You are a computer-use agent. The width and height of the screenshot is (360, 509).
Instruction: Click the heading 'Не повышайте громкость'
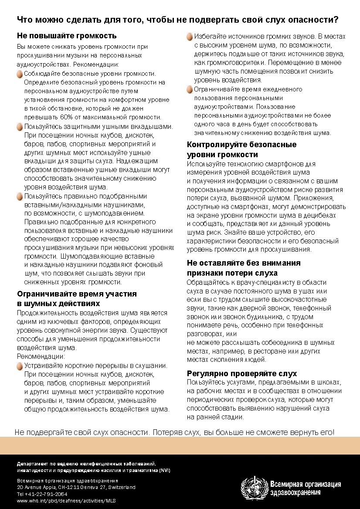coord(66,36)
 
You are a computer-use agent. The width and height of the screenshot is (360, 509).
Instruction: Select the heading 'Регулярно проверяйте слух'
coord(242,373)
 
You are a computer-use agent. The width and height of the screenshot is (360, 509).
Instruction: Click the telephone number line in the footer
coord(42,494)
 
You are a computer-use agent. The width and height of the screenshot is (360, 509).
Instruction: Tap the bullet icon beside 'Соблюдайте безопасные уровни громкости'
coord(20,74)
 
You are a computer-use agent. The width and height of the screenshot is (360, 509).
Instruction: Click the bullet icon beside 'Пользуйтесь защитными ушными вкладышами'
coord(20,127)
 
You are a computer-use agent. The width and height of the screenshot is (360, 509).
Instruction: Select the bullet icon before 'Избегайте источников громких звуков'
coord(190,37)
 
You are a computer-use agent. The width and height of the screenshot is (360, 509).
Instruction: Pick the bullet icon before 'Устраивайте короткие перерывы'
coord(20,366)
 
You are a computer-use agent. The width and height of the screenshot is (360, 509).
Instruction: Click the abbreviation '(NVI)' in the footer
coord(165,471)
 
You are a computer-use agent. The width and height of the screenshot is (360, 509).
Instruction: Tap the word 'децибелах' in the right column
coord(321,215)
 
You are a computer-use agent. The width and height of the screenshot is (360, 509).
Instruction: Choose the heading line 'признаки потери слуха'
coord(232,273)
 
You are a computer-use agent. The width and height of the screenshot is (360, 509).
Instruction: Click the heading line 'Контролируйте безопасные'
coord(241,145)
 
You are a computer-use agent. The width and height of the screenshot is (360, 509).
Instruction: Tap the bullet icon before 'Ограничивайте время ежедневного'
coord(190,90)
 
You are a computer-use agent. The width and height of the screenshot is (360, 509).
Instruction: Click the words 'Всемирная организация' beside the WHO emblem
coord(306,484)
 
